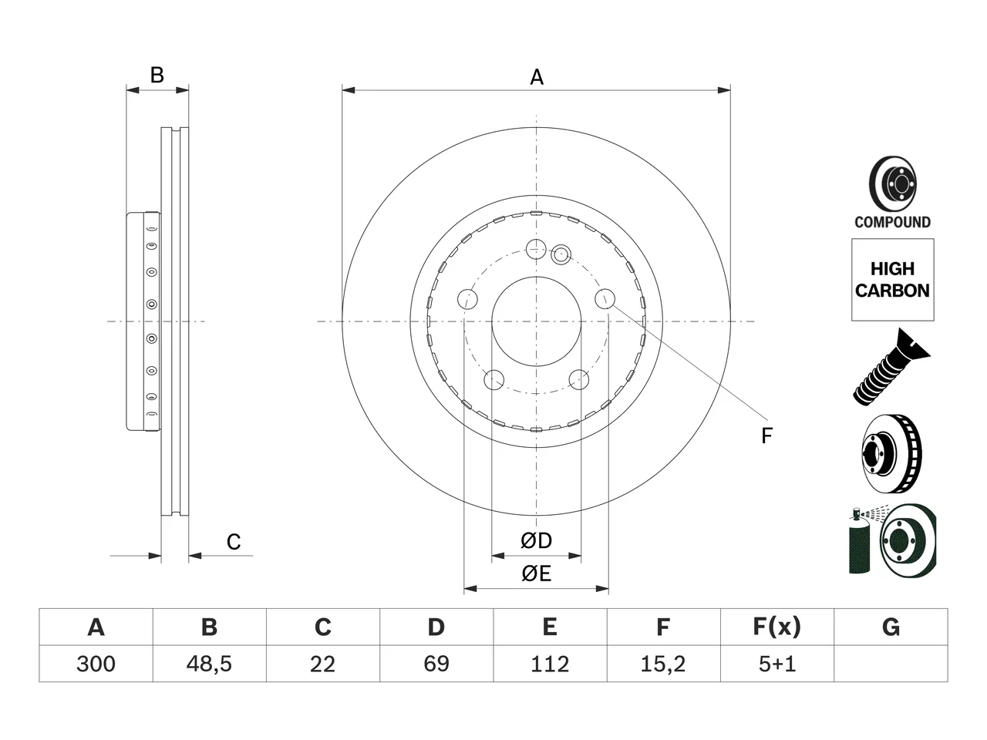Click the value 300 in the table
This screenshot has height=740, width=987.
click(96, 664)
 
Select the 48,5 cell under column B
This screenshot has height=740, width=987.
click(209, 664)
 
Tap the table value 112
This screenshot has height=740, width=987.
click(550, 664)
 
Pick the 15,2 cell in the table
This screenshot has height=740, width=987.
click(663, 664)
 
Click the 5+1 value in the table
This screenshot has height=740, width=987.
click(777, 664)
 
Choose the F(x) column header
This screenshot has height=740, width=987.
click(776, 627)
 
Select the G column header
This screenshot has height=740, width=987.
click(891, 627)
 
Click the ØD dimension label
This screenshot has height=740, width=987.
click(536, 540)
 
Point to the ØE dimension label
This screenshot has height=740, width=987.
click(536, 573)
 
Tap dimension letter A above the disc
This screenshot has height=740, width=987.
click(537, 77)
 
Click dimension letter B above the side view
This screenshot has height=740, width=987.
click(157, 75)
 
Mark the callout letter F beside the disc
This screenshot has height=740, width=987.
click(766, 436)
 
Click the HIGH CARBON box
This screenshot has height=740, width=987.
click(893, 280)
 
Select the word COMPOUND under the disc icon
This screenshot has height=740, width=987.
click(893, 222)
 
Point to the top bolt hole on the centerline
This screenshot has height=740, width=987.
click(536, 249)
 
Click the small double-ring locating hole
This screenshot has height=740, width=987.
click(561, 254)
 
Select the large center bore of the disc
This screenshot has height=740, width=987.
click(536, 321)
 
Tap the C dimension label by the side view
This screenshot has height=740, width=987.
click(234, 542)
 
